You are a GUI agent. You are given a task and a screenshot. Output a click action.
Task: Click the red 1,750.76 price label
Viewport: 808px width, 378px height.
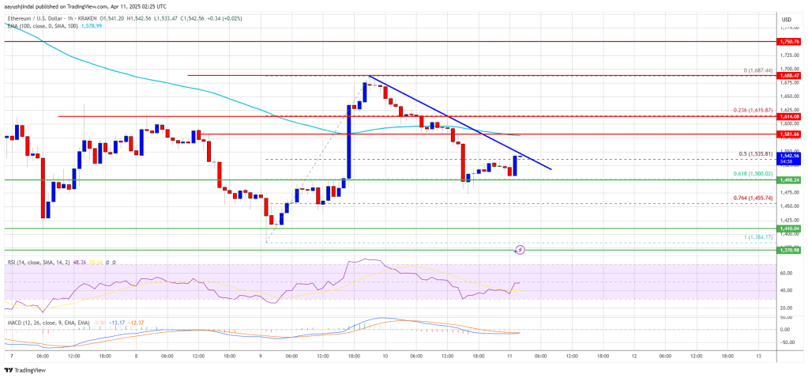click(790, 40)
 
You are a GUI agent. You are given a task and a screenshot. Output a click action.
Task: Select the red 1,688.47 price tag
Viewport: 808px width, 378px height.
click(790, 75)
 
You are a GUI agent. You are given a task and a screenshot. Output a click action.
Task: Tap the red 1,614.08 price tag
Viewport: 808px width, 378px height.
click(790, 116)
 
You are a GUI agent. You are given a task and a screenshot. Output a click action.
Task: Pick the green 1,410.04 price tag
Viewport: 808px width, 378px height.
click(790, 229)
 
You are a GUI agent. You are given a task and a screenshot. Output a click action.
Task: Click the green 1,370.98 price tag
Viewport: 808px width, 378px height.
click(790, 250)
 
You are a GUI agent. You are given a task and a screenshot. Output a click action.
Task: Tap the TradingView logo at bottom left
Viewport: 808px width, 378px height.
click(27, 369)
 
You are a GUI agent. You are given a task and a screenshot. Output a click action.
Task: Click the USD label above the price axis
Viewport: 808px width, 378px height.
click(787, 19)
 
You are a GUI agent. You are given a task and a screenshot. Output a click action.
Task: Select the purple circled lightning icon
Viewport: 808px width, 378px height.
click(520, 249)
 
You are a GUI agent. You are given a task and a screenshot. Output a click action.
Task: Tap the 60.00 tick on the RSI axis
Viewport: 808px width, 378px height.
click(787, 273)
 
